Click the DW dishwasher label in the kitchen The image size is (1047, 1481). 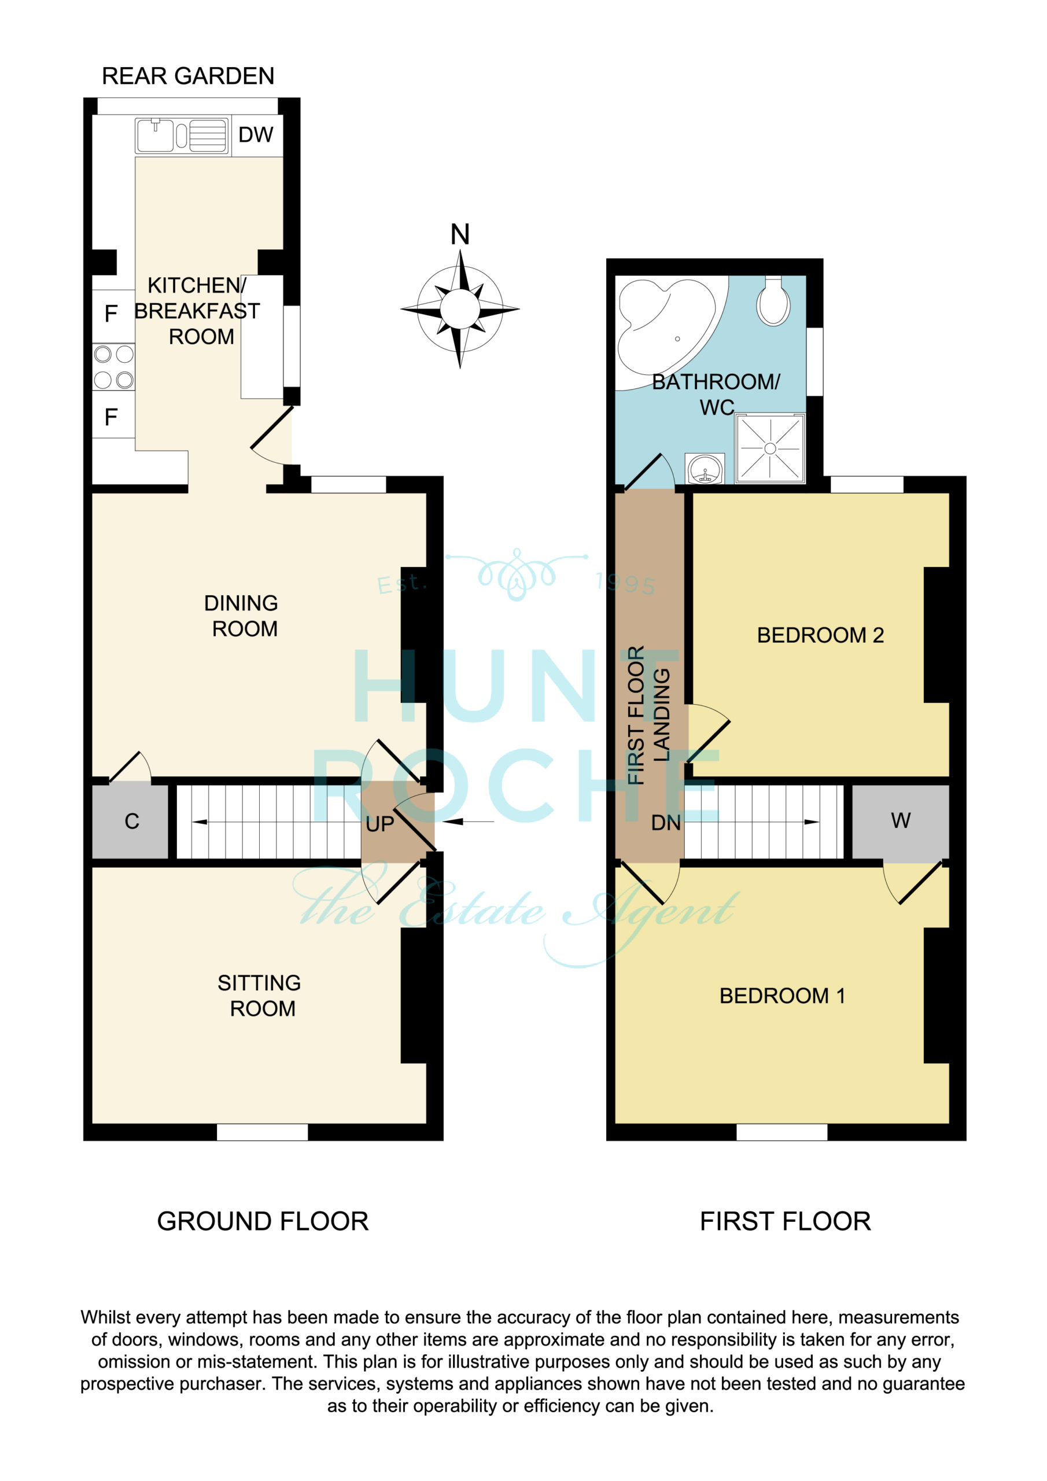point(256,135)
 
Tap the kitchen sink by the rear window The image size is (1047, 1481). point(182,135)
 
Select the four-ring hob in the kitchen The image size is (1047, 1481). point(113,367)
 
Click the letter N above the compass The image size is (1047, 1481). point(460,234)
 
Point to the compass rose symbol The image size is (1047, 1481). point(460,309)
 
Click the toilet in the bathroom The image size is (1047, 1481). point(773,301)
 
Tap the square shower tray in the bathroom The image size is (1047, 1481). point(770,448)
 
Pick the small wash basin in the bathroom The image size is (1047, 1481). point(705,468)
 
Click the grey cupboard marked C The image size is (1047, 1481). point(131,821)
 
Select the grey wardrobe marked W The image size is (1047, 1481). point(901,821)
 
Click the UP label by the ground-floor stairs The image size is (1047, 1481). point(379,824)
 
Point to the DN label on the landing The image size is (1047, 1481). point(666,823)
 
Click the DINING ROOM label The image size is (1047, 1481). point(242,616)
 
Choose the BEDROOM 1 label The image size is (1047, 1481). point(782,996)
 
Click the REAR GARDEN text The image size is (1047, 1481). point(188,76)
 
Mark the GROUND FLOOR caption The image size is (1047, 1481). point(263,1221)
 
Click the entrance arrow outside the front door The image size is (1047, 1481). point(469,821)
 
